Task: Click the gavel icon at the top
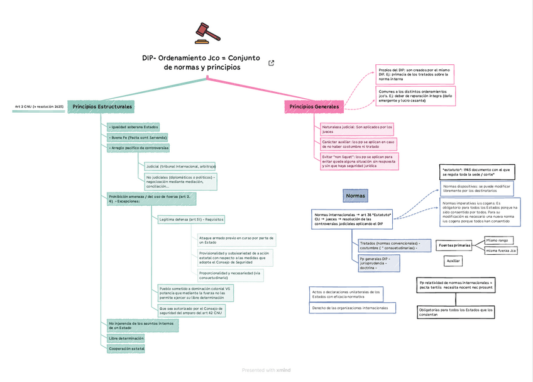(202, 32)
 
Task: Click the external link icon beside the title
(272, 63)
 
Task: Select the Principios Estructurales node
(102, 107)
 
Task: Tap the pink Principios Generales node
(314, 107)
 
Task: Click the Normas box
(355, 196)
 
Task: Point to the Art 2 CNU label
(39, 107)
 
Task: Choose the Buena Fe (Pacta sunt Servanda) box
(138, 137)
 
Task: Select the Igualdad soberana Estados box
(133, 126)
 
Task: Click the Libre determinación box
(126, 338)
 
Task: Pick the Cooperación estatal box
(126, 348)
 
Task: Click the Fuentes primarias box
(454, 245)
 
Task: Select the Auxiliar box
(453, 260)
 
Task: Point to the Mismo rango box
(497, 240)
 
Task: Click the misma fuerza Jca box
(501, 250)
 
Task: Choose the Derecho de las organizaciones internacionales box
(353, 308)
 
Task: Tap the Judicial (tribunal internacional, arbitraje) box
(180, 166)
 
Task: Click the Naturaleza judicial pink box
(357, 129)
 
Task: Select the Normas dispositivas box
(476, 188)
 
